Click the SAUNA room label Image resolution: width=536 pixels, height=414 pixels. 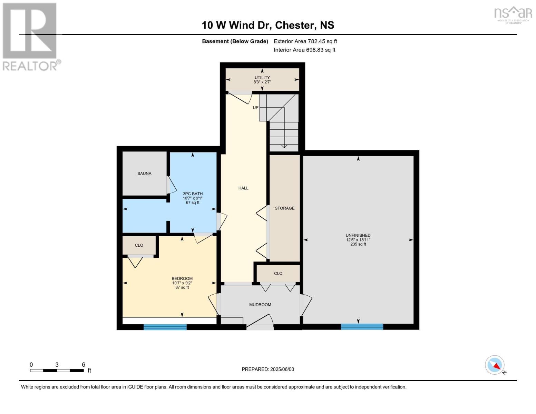coord(144,173)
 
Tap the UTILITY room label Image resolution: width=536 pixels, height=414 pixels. coord(262,77)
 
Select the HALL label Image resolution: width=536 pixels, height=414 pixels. coord(243,188)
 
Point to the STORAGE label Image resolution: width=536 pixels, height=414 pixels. coord(284,208)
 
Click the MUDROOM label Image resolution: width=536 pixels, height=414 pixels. coord(260,305)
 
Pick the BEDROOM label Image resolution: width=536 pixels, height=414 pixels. coord(182,278)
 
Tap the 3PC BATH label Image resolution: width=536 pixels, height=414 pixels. coord(193,194)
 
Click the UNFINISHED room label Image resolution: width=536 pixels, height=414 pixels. coord(358,235)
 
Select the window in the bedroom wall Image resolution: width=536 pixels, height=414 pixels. coord(165,327)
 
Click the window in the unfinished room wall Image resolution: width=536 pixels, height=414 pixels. coord(362,327)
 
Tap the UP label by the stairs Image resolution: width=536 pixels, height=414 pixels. coord(255,108)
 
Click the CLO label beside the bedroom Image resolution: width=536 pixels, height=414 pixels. coord(139,245)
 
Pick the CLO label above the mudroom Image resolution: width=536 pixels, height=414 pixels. coord(278,273)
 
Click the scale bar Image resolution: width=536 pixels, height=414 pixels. coord(57,371)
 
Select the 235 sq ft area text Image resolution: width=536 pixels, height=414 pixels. coord(358,244)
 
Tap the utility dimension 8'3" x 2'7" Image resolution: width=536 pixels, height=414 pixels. coord(262,82)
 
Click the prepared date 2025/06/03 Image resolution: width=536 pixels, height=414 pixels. coord(282,369)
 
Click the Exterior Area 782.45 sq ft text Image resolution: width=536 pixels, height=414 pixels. coord(305,41)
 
